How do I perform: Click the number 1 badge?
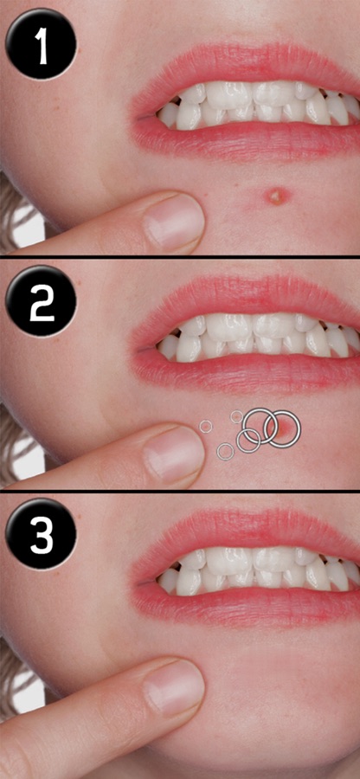click(42, 43)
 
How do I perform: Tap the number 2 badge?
click(42, 301)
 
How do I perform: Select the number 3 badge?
click(42, 534)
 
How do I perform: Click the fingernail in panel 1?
click(174, 222)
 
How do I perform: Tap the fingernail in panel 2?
click(174, 454)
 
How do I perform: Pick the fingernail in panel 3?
click(174, 688)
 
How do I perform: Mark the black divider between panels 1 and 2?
click(180, 256)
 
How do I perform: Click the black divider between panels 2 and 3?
click(180, 491)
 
